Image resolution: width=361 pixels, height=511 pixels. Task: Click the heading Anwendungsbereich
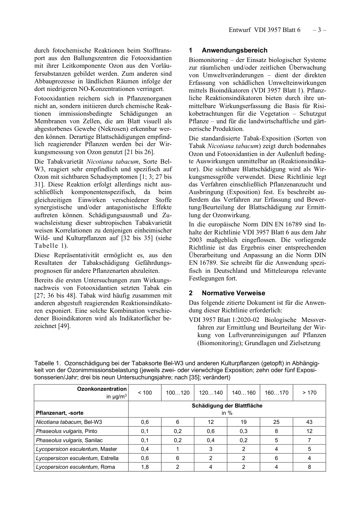click(x=234, y=50)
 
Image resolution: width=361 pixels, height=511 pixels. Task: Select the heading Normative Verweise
click(x=233, y=293)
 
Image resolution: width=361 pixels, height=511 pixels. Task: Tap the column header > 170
click(x=309, y=393)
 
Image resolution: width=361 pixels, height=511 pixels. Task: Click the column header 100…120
click(x=177, y=393)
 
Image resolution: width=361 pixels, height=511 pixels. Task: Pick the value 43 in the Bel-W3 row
click(x=309, y=422)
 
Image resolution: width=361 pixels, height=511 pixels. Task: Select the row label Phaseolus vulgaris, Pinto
click(x=66, y=431)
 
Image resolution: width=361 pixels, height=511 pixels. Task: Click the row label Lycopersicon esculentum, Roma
click(x=75, y=467)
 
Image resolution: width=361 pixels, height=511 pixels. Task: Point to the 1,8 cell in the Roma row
click(x=145, y=467)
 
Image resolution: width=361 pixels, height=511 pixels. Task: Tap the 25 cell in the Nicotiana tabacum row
click(x=276, y=422)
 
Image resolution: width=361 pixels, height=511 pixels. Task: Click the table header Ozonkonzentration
click(x=102, y=389)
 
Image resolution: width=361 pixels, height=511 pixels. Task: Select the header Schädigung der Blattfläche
click(x=227, y=406)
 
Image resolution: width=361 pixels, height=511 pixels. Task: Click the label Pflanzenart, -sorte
click(x=60, y=413)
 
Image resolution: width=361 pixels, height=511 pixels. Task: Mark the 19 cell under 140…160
click(x=244, y=422)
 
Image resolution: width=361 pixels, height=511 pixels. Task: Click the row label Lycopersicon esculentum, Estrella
click(x=77, y=458)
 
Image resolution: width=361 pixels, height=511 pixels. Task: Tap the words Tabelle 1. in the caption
click(x=47, y=363)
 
